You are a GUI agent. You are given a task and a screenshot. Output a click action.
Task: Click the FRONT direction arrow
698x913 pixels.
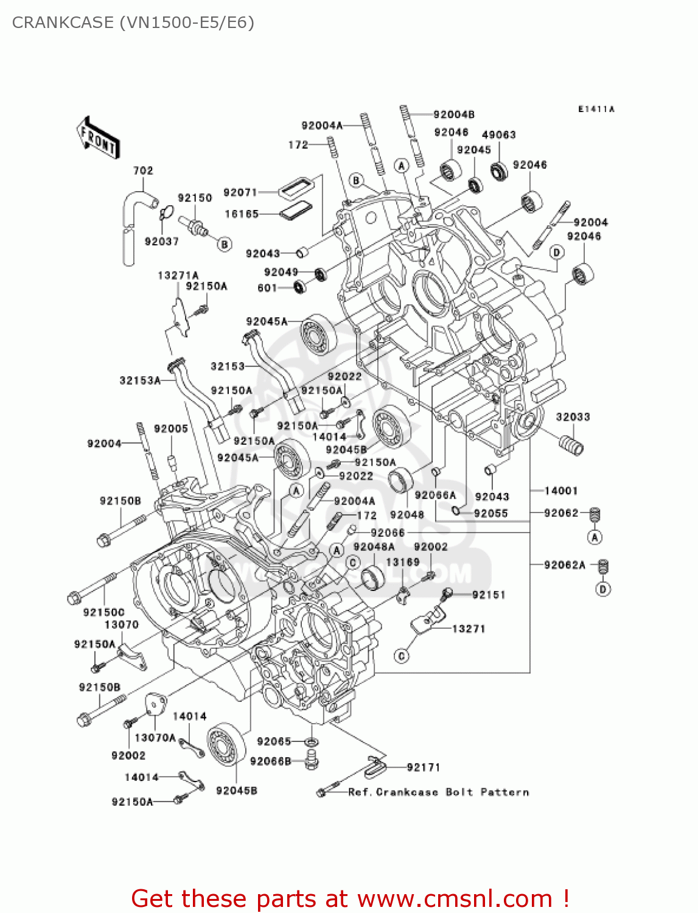coord(97,138)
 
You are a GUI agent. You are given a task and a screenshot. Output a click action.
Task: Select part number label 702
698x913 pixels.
coord(143,170)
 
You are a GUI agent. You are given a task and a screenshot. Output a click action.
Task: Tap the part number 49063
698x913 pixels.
coord(498,135)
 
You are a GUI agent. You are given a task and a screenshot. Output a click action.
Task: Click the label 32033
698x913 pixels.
coord(573,417)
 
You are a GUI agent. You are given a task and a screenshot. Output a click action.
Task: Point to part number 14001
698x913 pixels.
coord(560,491)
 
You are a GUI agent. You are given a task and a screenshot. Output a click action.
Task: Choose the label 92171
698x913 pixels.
coord(423,768)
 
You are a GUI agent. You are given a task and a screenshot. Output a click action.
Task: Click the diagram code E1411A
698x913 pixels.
coord(596,109)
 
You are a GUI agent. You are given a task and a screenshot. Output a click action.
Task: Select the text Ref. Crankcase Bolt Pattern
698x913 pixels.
coord(438,792)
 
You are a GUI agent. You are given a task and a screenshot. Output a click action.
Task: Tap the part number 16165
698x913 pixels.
coord(242,214)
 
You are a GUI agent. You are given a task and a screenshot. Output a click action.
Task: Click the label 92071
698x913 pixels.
coord(240,192)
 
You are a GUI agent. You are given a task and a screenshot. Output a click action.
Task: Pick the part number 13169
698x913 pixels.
coord(402,562)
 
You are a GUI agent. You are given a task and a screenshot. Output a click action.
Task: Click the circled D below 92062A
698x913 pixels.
coord(602,589)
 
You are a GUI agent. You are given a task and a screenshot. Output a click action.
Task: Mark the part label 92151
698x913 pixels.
coord(488,595)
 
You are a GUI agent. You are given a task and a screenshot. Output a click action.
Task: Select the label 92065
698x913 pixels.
coord(274,741)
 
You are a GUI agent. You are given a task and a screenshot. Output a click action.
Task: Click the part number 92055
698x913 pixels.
coord(490,513)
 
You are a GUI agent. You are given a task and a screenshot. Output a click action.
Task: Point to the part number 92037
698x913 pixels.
coord(161,242)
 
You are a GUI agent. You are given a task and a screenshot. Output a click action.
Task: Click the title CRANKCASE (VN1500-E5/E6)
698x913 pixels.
coord(133,23)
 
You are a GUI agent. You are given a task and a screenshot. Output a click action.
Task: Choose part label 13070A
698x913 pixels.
coord(155,738)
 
